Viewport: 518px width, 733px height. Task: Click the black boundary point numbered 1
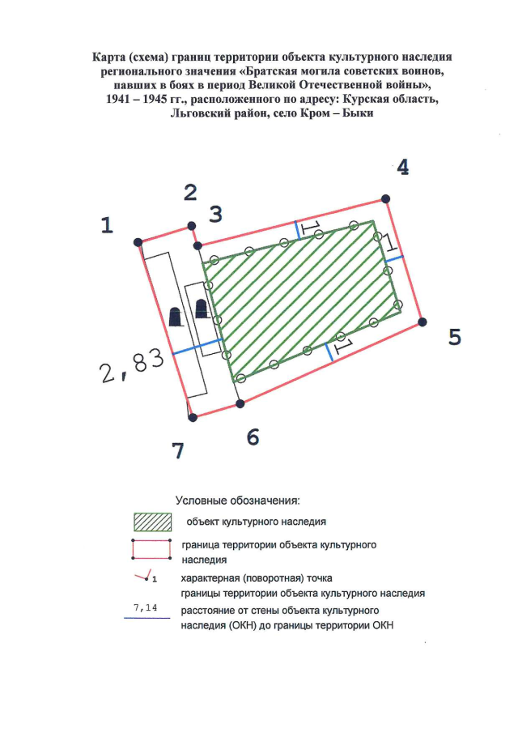click(x=138, y=241)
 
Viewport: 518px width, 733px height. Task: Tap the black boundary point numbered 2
click(x=191, y=225)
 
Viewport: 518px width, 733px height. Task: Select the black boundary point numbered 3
click(x=197, y=245)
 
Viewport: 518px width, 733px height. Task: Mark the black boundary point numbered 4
click(x=386, y=198)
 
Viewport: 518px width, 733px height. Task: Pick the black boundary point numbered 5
click(x=422, y=322)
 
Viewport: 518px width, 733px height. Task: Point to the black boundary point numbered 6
click(x=239, y=403)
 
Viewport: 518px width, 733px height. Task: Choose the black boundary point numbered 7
click(x=192, y=418)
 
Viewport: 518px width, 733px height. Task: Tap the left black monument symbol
click(x=175, y=317)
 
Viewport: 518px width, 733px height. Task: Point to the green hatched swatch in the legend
click(x=153, y=521)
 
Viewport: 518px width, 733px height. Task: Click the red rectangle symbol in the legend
click(x=152, y=548)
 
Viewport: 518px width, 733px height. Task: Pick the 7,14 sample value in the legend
click(x=146, y=607)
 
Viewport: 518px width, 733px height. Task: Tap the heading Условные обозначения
click(x=238, y=501)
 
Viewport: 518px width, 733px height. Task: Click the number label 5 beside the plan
click(x=455, y=337)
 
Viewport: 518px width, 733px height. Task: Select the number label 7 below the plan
click(x=178, y=451)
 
